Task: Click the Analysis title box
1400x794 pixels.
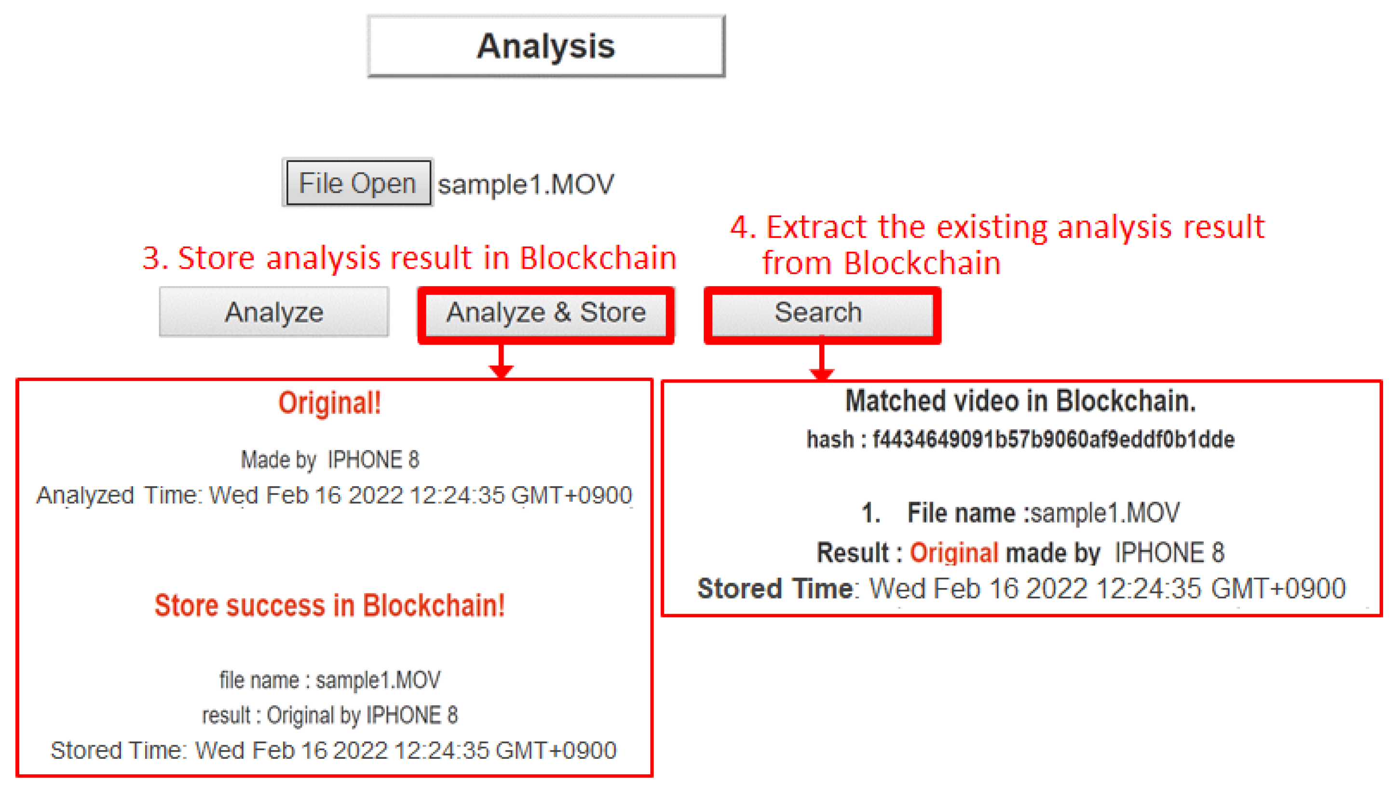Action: pos(546,46)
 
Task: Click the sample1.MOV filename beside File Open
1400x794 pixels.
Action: pos(526,184)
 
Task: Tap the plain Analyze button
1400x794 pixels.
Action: pos(273,313)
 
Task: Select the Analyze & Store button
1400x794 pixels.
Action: pos(546,313)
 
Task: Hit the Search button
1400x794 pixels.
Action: pos(818,313)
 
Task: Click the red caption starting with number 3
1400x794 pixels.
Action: pos(409,258)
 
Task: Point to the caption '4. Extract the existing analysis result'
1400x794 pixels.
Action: pos(996,227)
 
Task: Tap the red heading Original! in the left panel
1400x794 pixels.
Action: pos(329,404)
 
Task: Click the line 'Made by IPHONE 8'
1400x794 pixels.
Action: pos(330,460)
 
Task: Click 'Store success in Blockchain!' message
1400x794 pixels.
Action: pos(329,605)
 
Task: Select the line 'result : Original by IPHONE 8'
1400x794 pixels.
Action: pos(329,715)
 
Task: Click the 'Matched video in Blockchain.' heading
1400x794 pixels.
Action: pos(1020,401)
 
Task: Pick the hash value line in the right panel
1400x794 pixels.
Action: pos(1020,439)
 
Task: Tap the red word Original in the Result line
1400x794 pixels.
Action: pos(953,553)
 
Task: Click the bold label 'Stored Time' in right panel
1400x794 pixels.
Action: pos(775,589)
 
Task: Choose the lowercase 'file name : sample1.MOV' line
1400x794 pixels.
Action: pos(329,680)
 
